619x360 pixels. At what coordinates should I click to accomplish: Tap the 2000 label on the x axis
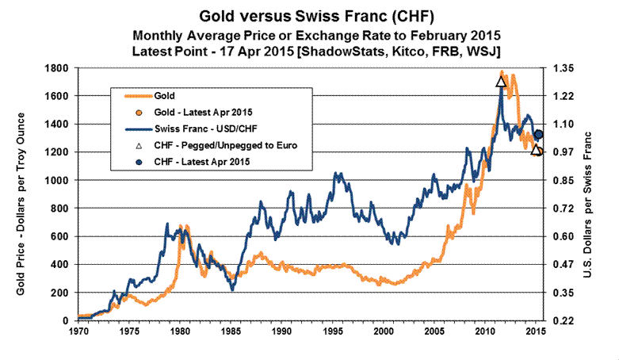[384, 328]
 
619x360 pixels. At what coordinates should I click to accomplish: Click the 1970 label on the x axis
[79, 328]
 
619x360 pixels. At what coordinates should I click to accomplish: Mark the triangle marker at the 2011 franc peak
[501, 81]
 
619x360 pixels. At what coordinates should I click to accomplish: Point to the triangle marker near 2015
[537, 150]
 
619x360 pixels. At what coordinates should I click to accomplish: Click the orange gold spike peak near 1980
[181, 226]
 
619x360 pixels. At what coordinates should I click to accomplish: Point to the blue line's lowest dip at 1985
[232, 289]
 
